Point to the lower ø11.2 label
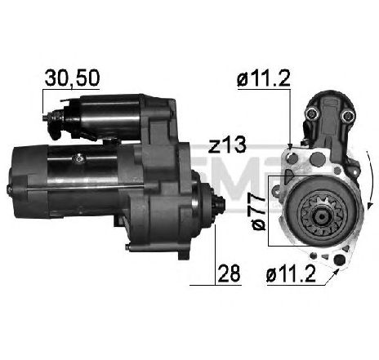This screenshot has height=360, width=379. point(291,273)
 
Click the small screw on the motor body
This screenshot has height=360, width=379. point(79,158)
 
